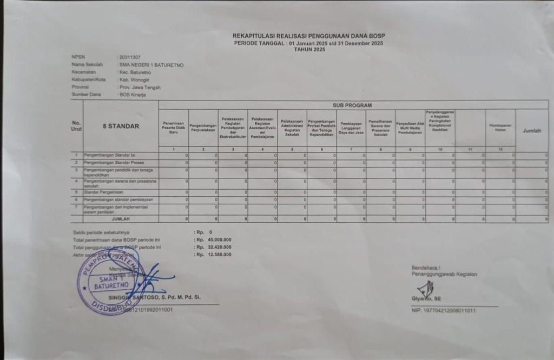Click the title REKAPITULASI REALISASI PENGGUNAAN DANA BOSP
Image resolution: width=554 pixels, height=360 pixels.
point(309,36)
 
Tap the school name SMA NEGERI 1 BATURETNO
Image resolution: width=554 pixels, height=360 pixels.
point(152,65)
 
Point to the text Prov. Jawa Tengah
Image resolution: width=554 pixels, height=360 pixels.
point(140,87)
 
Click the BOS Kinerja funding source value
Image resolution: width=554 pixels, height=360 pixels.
point(133,95)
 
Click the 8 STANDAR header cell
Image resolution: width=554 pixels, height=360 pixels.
point(121,126)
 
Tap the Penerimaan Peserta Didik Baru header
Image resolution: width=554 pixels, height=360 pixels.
point(174,128)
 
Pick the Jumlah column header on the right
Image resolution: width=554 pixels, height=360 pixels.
point(531,131)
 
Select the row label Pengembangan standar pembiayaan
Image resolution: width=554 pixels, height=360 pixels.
point(118,199)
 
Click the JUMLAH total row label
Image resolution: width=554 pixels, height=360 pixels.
point(121,219)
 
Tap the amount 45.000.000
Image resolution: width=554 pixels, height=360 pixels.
point(220,239)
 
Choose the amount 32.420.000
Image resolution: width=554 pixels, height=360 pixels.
point(220,247)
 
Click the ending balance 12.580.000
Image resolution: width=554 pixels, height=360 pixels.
point(220,255)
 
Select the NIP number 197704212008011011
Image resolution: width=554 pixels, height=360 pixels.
point(451,310)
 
